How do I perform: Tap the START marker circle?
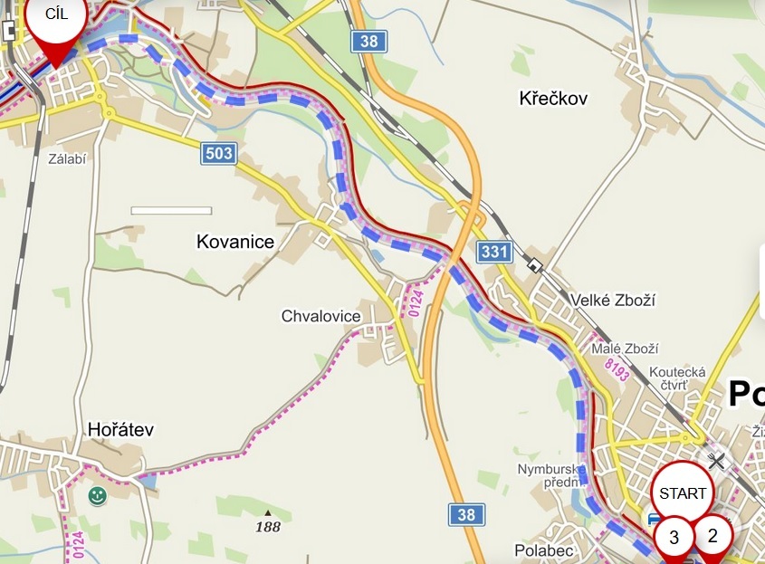tap(683, 493)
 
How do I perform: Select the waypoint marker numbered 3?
tap(674, 537)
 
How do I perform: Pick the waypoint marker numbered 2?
tap(712, 534)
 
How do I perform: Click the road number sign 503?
tap(219, 153)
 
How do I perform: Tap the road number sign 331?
tap(494, 252)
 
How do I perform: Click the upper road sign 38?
tap(368, 40)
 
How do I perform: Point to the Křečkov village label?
tap(553, 98)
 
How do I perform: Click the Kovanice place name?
tap(235, 242)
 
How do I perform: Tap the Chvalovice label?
tap(320, 316)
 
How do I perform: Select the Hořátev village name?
tap(120, 429)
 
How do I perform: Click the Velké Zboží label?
tap(613, 300)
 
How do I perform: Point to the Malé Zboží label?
tap(624, 349)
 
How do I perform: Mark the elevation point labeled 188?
tap(268, 525)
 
